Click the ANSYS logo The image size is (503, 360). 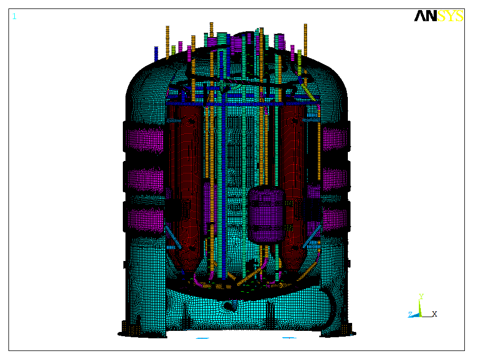click(x=438, y=16)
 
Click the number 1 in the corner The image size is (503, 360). click(x=14, y=16)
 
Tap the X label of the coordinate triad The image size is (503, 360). click(x=435, y=314)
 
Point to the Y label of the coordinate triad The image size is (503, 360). click(x=421, y=296)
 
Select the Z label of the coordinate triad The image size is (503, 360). click(x=410, y=314)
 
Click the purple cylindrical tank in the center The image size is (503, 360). click(x=266, y=214)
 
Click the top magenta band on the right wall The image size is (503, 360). click(x=335, y=139)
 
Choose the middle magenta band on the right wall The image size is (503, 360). click(x=335, y=180)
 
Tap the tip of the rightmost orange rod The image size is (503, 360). click(x=306, y=25)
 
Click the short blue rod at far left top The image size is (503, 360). click(x=156, y=53)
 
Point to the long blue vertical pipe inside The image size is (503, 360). click(x=224, y=185)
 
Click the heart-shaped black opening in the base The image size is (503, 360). click(x=230, y=305)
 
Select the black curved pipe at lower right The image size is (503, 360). click(x=333, y=307)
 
